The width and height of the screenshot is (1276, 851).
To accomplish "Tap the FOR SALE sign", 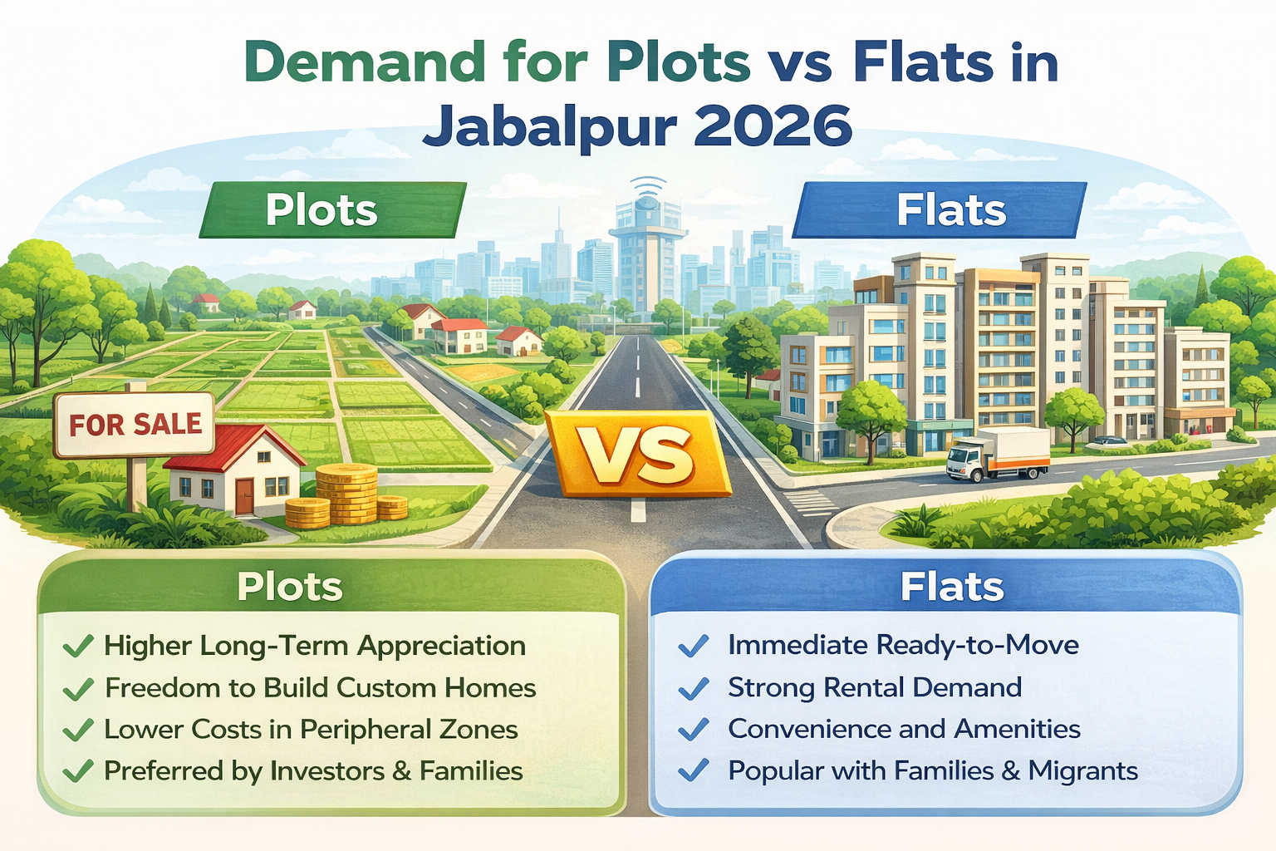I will click(135, 425).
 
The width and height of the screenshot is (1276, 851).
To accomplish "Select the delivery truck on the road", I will click(998, 455).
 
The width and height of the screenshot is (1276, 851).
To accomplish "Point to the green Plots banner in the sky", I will click(332, 210).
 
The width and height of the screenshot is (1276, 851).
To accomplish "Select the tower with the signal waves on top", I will click(647, 249).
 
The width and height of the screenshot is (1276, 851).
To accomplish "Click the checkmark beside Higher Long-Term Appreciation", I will click(77, 646).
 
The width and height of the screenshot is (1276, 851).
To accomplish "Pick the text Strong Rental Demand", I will click(874, 687).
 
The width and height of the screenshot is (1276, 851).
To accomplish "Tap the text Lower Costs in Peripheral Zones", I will click(311, 729).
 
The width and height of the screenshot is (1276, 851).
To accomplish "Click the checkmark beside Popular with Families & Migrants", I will click(693, 770).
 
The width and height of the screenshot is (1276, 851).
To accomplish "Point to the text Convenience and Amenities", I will click(904, 729).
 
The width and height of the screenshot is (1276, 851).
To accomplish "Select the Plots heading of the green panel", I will click(289, 587).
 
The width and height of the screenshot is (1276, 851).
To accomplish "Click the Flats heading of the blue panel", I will click(952, 587).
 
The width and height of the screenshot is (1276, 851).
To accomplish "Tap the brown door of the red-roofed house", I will click(244, 496).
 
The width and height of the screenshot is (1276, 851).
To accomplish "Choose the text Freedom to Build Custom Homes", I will click(320, 687).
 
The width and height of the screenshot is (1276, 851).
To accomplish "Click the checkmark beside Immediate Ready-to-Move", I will click(693, 646).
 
